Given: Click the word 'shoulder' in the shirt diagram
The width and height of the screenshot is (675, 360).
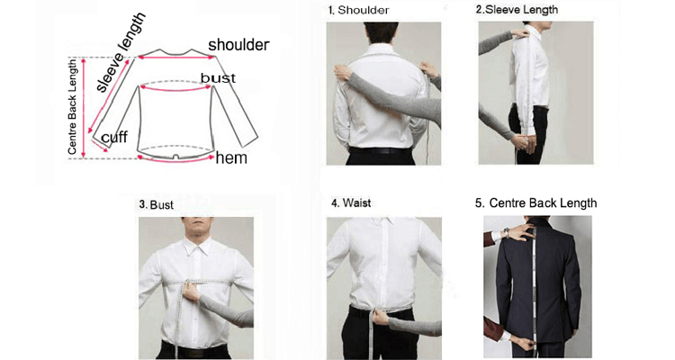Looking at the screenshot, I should pyautogui.click(x=238, y=44).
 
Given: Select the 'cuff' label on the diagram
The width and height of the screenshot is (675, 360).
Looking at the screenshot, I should pyautogui.click(x=113, y=137).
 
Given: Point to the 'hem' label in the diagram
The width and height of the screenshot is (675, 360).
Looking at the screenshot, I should pyautogui.click(x=231, y=158).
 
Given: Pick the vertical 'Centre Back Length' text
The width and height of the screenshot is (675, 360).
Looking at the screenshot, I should pyautogui.click(x=73, y=106).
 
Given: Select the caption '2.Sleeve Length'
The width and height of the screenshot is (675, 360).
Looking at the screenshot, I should pyautogui.click(x=517, y=10).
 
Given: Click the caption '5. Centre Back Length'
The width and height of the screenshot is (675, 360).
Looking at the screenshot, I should pyautogui.click(x=535, y=203).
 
